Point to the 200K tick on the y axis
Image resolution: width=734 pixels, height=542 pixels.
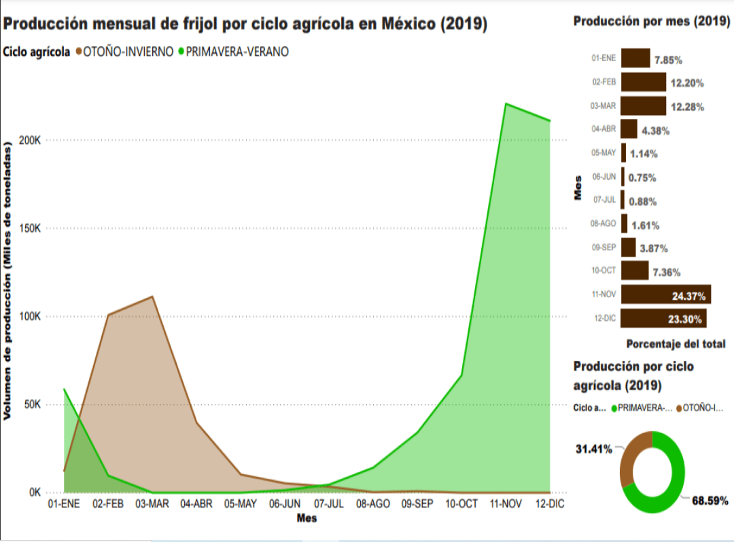click(30, 140)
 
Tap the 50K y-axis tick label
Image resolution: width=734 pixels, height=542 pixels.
click(33, 404)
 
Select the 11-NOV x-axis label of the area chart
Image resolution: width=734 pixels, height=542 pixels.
click(505, 504)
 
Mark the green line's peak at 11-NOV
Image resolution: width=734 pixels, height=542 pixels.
click(506, 104)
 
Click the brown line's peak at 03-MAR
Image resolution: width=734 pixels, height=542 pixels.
click(152, 297)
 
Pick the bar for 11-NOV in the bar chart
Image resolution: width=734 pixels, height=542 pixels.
click(665, 294)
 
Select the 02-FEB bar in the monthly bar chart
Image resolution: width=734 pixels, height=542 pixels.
click(643, 82)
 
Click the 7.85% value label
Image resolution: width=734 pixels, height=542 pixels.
click(668, 60)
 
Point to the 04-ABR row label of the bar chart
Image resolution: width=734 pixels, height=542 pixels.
click(604, 129)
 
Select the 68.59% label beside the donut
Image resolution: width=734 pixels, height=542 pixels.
click(710, 501)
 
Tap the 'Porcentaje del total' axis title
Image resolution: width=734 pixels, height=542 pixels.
click(675, 344)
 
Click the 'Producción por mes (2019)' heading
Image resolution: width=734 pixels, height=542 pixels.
click(651, 22)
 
